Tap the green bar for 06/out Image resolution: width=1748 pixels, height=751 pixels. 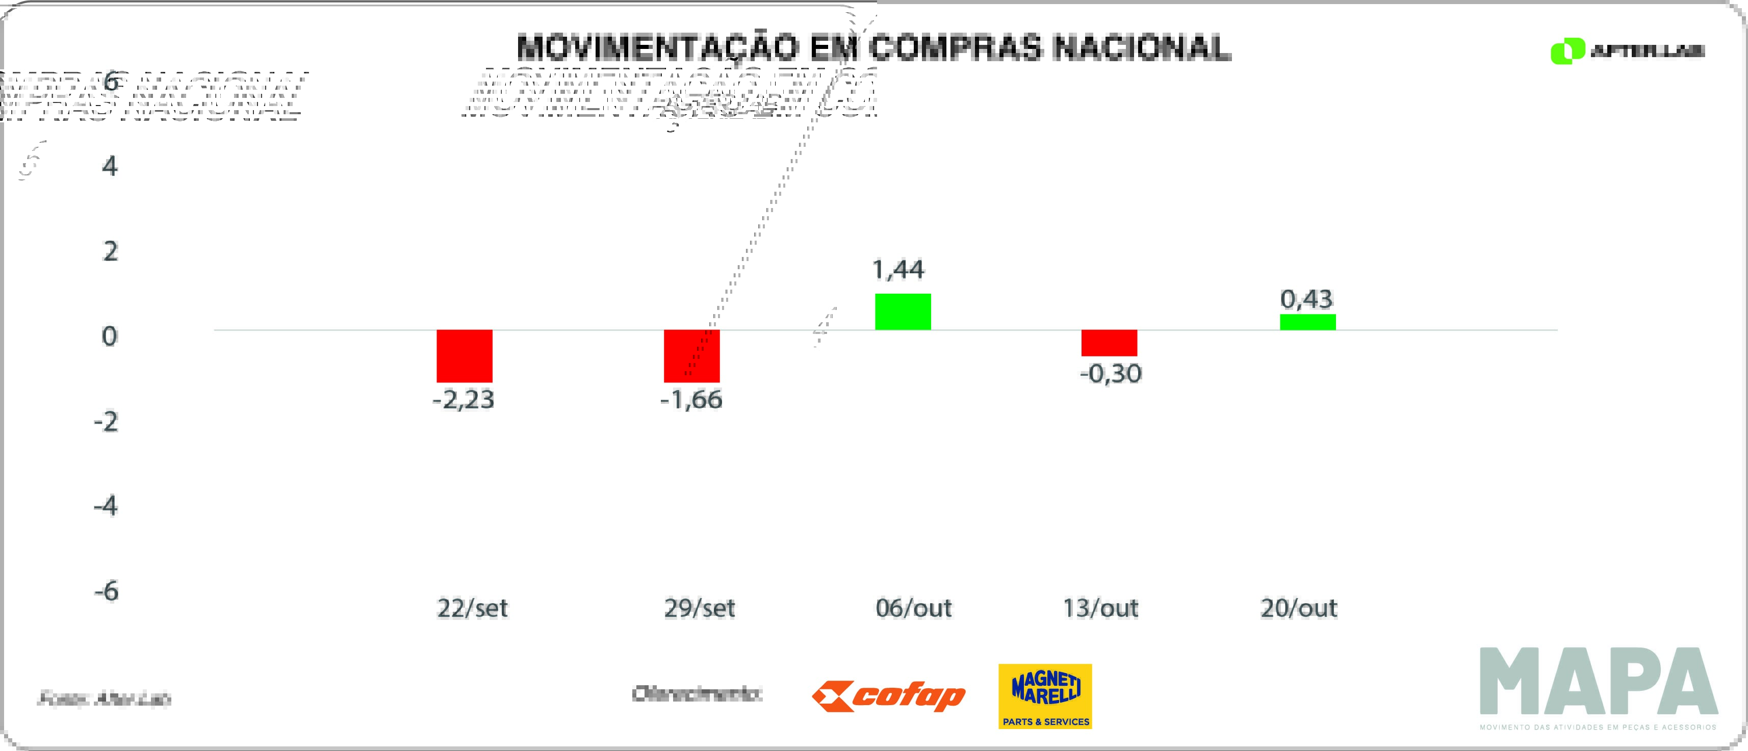(x=903, y=312)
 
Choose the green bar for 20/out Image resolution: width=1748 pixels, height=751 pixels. (x=1307, y=322)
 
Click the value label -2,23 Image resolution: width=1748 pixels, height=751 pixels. (x=464, y=400)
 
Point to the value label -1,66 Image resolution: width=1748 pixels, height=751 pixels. (x=691, y=400)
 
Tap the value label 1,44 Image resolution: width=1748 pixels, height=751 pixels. (x=898, y=270)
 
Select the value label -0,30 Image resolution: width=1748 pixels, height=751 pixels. (x=1111, y=373)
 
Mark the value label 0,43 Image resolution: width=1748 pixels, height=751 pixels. (x=1306, y=299)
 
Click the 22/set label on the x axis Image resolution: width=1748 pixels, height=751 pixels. (x=472, y=608)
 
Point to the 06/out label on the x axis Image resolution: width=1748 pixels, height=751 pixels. (x=913, y=608)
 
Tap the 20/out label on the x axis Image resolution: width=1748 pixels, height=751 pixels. (x=1299, y=608)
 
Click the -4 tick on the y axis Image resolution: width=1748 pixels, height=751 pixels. (x=106, y=506)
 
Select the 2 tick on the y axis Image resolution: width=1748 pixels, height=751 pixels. (x=110, y=252)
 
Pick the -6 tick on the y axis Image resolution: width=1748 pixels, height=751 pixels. (x=107, y=591)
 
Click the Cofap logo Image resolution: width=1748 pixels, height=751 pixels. (x=888, y=696)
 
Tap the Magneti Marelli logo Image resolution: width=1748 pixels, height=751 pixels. (x=1045, y=696)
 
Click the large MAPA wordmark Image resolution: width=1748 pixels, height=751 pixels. (x=1598, y=681)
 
